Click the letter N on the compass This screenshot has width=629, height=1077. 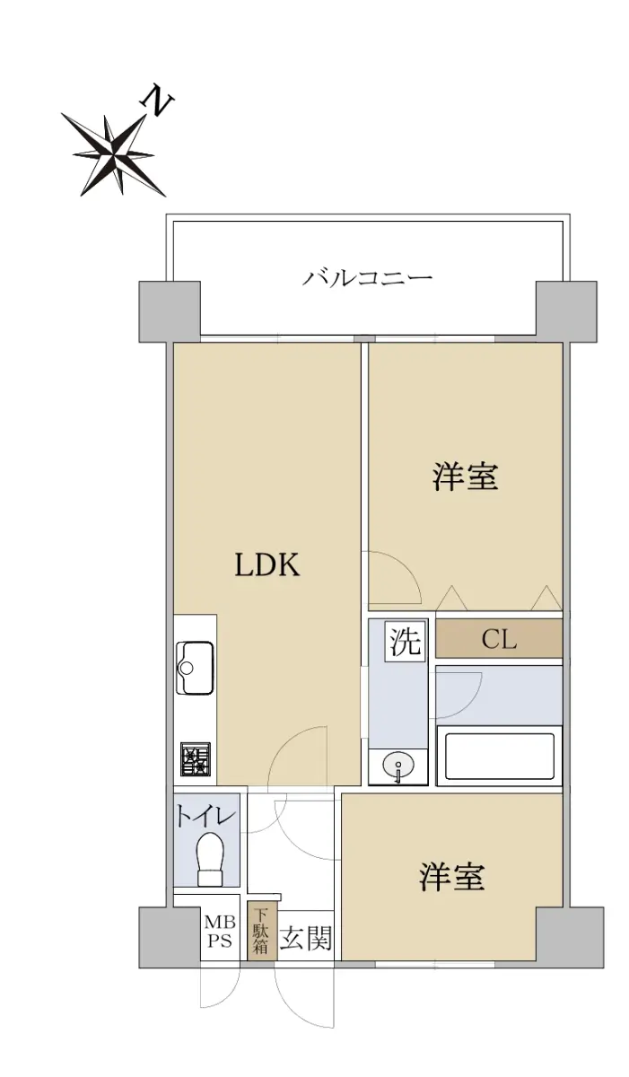(x=157, y=101)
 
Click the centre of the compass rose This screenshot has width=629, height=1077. (x=113, y=154)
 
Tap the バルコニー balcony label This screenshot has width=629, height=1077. (x=368, y=278)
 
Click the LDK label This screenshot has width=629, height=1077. (x=267, y=565)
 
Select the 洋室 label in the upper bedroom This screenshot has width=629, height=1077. (x=466, y=477)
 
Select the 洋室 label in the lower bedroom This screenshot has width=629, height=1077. (x=451, y=876)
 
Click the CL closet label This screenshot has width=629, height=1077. (x=499, y=639)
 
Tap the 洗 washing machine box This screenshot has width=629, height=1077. (x=406, y=642)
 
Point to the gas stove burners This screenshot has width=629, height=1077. (x=196, y=759)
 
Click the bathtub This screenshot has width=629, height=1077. (x=499, y=756)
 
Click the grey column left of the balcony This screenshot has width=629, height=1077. (x=170, y=311)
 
